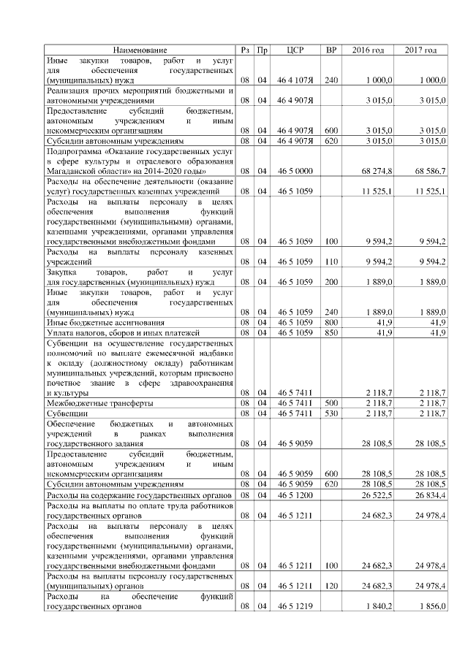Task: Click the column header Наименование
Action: [140, 50]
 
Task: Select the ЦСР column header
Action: [295, 50]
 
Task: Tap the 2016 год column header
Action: [368, 50]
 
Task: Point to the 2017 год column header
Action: [420, 50]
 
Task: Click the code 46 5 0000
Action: [295, 170]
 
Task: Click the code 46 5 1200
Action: [295, 494]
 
